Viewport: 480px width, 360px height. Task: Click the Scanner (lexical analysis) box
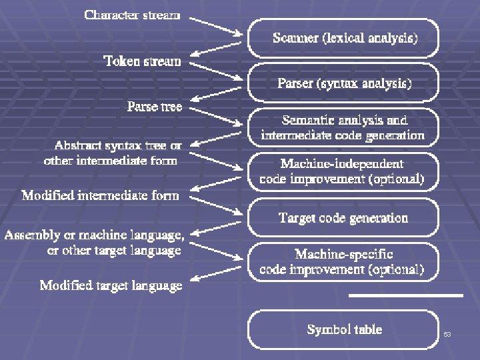(x=345, y=38)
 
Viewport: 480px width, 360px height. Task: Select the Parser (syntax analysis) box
(x=345, y=83)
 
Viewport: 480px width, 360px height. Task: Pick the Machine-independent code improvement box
(x=343, y=171)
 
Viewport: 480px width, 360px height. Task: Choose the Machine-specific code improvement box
(x=343, y=261)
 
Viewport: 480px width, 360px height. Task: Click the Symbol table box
(x=344, y=329)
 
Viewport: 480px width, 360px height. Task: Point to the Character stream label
(x=132, y=15)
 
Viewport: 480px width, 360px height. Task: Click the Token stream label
(x=142, y=61)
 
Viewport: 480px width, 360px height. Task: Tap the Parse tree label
(x=155, y=107)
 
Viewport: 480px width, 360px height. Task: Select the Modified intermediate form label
(x=101, y=196)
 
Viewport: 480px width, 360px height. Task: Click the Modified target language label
(x=111, y=285)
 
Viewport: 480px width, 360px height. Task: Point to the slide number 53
(x=447, y=334)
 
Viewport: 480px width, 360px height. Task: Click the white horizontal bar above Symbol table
(x=405, y=295)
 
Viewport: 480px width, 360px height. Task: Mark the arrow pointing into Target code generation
(x=215, y=204)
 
